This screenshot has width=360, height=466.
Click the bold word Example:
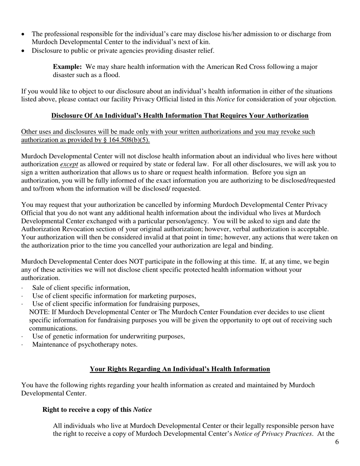coord(67,67)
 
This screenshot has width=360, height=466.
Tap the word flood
coord(111,75)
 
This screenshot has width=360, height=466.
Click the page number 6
coord(337,442)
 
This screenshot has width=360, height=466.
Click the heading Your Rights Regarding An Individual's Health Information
coord(180,369)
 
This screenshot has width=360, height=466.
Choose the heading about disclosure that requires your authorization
coord(180,116)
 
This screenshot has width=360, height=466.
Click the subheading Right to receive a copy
coord(97,410)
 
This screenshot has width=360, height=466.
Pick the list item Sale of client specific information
coord(81,288)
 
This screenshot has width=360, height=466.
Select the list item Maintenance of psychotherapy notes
coord(85,345)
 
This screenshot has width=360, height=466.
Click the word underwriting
coord(143,336)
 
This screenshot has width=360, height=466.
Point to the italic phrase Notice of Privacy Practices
coord(272,434)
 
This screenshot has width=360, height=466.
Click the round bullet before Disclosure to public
coord(23,51)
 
